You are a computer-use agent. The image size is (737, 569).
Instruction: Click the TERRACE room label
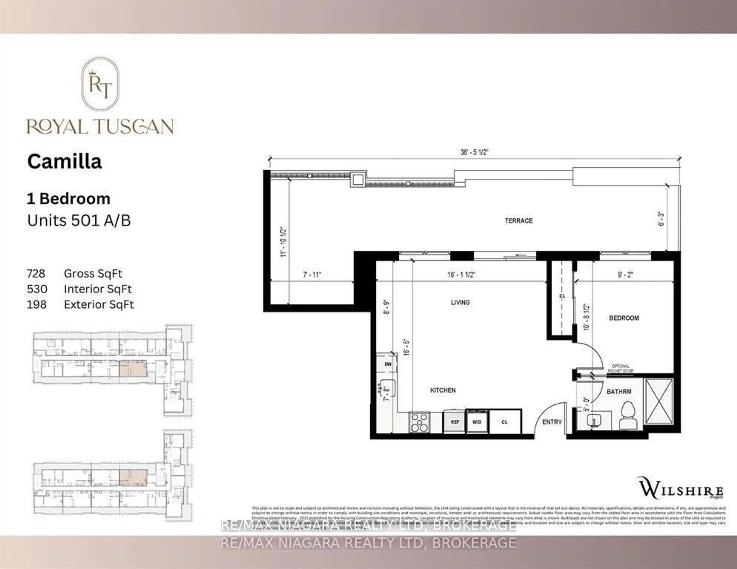coord(518,221)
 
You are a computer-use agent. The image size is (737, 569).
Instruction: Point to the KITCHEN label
coord(443,390)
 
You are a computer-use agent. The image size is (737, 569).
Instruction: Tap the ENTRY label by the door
coord(552,422)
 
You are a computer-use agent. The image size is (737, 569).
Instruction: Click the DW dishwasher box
coord(388,364)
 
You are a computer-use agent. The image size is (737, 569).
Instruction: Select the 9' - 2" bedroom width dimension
coord(625,275)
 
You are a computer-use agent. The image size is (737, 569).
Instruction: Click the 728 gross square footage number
coord(36,273)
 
